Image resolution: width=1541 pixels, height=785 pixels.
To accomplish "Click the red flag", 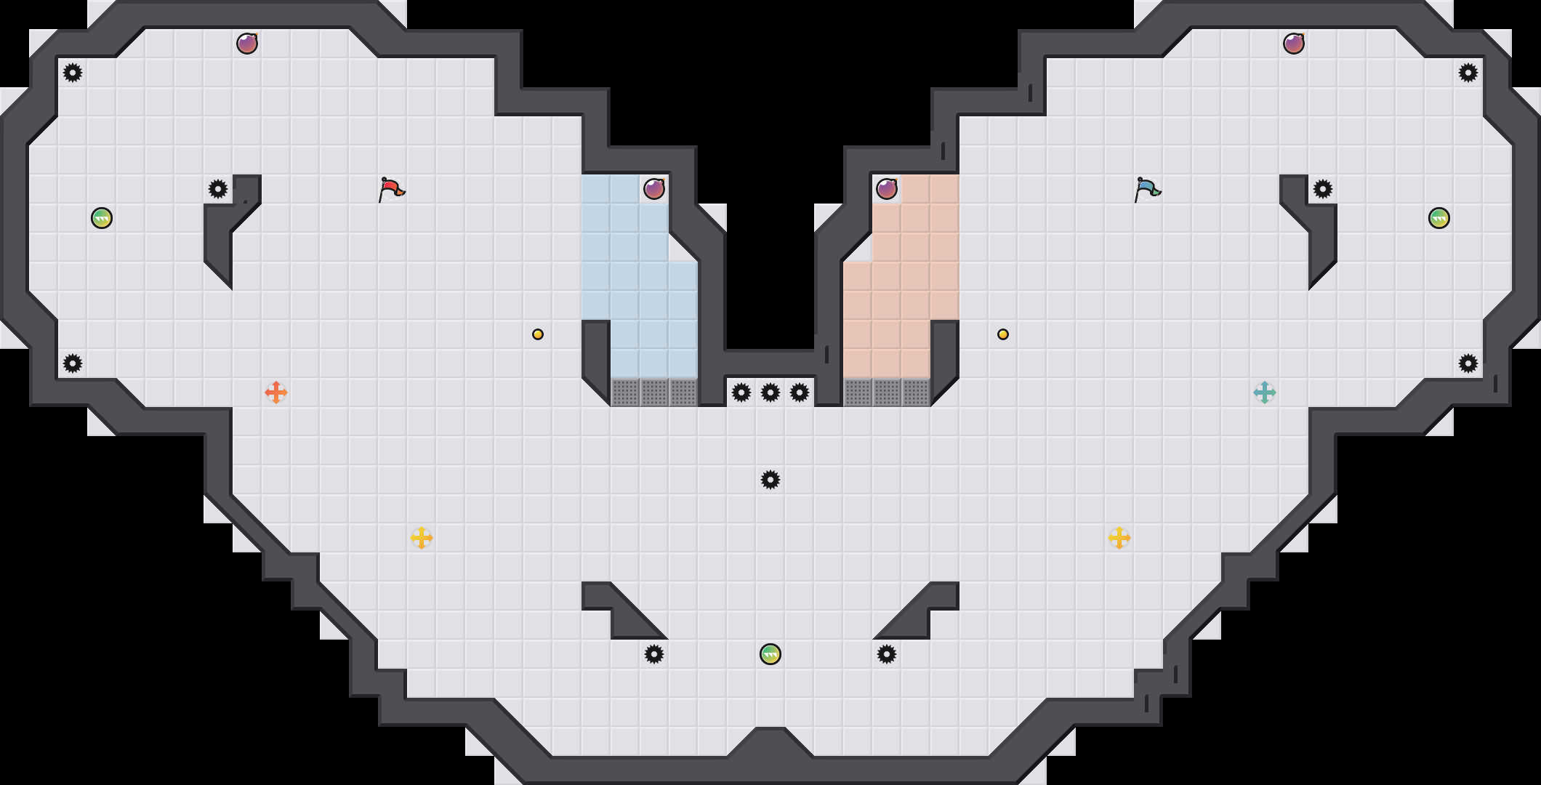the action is coord(392,189).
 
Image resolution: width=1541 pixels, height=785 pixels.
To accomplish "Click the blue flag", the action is coord(1148,189).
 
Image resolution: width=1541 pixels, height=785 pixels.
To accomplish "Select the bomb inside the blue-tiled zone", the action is coord(654,189).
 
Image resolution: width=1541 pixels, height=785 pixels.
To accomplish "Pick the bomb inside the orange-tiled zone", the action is coord(887,189).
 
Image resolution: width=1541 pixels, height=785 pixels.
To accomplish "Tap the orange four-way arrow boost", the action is coord(276,392).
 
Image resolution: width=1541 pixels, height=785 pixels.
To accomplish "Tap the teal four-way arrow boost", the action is coord(1265,392).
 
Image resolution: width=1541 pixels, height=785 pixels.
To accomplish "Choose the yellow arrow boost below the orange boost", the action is coord(422,538).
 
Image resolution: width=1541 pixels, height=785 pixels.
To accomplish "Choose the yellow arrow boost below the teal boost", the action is coord(1119,538).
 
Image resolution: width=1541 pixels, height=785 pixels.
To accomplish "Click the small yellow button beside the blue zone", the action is coord(538,334).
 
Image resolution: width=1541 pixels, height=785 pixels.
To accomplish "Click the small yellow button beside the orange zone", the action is coord(1003,334).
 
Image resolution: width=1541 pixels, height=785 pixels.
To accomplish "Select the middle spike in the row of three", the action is coord(770,392).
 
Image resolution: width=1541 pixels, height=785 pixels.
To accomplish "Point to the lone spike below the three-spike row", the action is coord(770,480).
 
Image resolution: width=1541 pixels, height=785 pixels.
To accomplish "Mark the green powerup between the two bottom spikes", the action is coord(770,654).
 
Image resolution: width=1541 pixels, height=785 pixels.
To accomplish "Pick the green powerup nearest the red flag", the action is coord(102,218).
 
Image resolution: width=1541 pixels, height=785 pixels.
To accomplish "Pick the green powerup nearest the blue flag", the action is coord(1439,218).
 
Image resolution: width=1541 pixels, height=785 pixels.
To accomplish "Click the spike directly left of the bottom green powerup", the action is coord(654,654).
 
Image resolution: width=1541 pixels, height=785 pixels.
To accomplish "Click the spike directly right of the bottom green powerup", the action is coord(887,654).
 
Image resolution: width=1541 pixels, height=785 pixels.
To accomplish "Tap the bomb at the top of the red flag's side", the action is coord(247,44).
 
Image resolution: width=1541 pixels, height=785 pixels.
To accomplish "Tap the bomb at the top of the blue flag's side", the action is coord(1294,44).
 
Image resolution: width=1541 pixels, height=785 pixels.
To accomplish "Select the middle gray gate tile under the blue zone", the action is coord(654,392).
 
